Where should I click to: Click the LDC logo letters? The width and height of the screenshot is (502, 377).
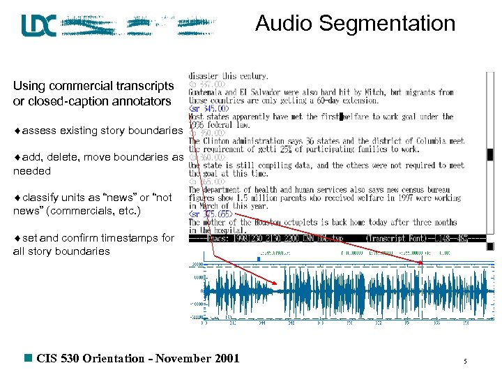[38, 26]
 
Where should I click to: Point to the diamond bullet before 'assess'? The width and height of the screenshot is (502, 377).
[17, 131]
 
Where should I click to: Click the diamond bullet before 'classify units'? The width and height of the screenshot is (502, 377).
[17, 198]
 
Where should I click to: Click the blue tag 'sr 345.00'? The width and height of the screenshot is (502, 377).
[208, 109]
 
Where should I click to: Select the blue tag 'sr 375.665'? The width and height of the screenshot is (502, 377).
[211, 214]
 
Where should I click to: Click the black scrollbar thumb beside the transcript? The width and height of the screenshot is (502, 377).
[490, 155]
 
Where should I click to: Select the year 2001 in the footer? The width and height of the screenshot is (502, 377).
[226, 359]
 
